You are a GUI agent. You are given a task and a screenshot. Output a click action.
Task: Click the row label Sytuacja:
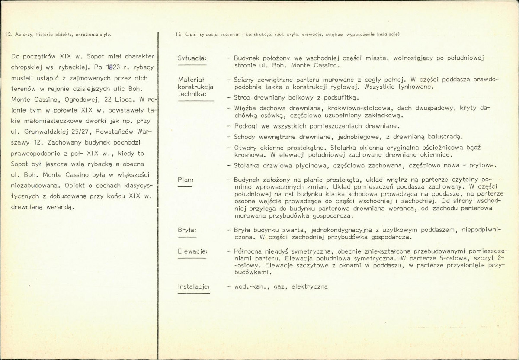click(192, 58)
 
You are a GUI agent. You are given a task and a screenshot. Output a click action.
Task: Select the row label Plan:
click(186, 179)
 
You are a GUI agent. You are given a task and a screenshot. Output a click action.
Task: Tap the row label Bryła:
click(187, 230)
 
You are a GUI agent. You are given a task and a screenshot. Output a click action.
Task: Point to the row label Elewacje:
click(193, 251)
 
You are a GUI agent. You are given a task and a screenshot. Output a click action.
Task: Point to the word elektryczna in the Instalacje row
click(309, 286)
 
